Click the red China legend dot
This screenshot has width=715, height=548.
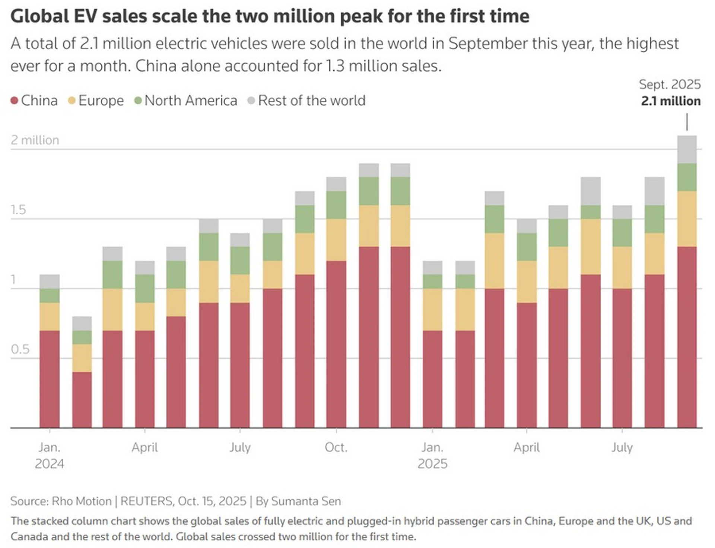tap(15, 101)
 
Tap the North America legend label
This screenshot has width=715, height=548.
tap(191, 101)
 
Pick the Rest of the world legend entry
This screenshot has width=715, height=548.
tap(311, 101)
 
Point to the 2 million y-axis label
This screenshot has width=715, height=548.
tap(35, 140)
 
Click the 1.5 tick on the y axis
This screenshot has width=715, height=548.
tap(18, 210)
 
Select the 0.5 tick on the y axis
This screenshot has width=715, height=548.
tap(20, 349)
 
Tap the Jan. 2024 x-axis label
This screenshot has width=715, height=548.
tap(50, 455)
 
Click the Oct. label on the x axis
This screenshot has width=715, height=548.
tap(336, 447)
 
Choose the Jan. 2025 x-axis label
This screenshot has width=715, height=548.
tap(432, 455)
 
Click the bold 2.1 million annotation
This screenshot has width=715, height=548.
tap(671, 101)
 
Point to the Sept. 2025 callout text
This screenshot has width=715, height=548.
tap(670, 85)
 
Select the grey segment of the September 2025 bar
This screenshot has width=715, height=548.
tap(687, 150)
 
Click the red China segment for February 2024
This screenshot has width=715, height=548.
tap(82, 399)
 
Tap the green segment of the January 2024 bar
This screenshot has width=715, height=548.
tap(50, 296)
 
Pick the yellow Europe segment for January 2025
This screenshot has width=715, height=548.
tap(432, 309)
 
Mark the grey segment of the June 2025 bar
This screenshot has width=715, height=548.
tap(591, 191)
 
